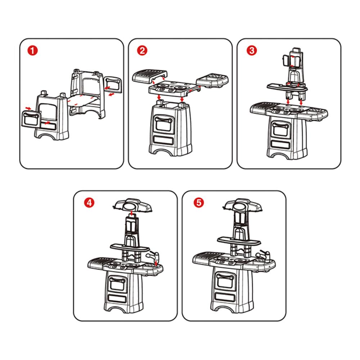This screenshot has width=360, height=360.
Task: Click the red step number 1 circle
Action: coord(33,50)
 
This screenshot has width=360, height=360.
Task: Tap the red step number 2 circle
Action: coord(142,50)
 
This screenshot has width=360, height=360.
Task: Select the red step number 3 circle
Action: coord(252,50)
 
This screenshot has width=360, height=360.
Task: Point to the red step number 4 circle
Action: coord(89,202)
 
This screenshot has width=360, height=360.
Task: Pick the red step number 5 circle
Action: coord(199,202)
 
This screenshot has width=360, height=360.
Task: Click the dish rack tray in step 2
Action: coord(150,76)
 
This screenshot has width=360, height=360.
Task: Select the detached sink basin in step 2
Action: coord(212,80)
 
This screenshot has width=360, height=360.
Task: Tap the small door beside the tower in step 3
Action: coord(285,60)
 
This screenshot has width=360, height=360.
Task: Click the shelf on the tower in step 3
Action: coord(287,86)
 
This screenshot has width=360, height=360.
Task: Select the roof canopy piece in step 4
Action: coord(133,206)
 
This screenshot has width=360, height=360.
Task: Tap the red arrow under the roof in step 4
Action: coord(131,213)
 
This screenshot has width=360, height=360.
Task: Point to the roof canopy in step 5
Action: coord(242,205)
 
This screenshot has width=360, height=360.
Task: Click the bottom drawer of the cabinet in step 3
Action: coord(280,144)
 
